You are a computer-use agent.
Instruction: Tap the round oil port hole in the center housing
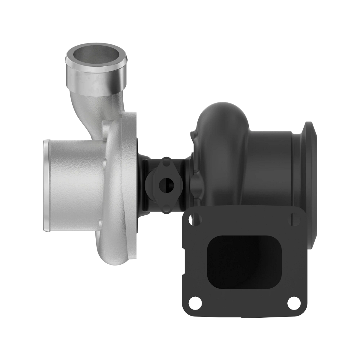[x=165, y=185]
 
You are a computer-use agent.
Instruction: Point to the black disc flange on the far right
[x=310, y=168]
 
